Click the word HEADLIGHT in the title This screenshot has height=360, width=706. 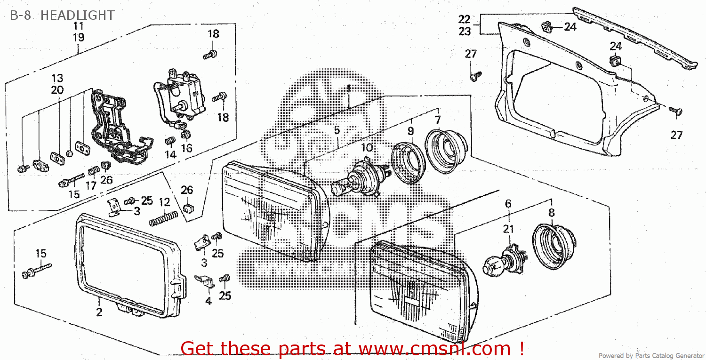[77, 16]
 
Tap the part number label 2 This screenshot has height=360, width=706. [99, 312]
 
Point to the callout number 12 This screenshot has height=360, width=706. [164, 203]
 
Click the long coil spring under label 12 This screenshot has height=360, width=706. [163, 218]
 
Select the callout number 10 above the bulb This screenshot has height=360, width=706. [367, 148]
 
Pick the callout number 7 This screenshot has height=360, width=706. [437, 119]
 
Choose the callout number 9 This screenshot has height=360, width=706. [410, 131]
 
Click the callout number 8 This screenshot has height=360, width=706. [551, 213]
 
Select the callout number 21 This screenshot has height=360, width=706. [508, 229]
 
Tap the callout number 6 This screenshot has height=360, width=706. [508, 204]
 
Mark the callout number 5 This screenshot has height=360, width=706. [337, 130]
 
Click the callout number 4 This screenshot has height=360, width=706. [208, 301]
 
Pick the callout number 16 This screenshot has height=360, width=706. [187, 148]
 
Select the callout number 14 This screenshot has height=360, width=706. [170, 154]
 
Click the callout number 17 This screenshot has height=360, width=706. [91, 185]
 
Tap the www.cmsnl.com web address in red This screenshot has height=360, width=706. [434, 349]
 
